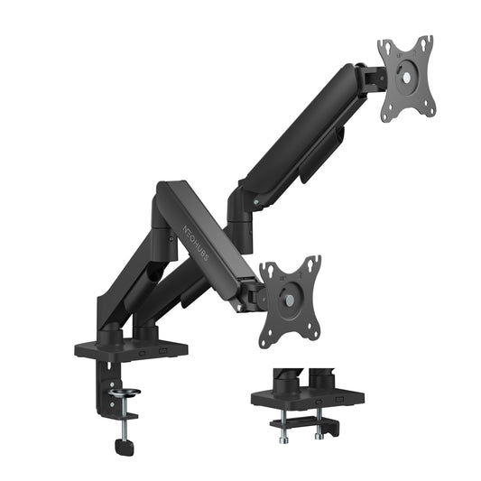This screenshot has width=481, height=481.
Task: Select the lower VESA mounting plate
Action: [290, 301]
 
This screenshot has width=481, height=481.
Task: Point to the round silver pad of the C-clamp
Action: [126, 393]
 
